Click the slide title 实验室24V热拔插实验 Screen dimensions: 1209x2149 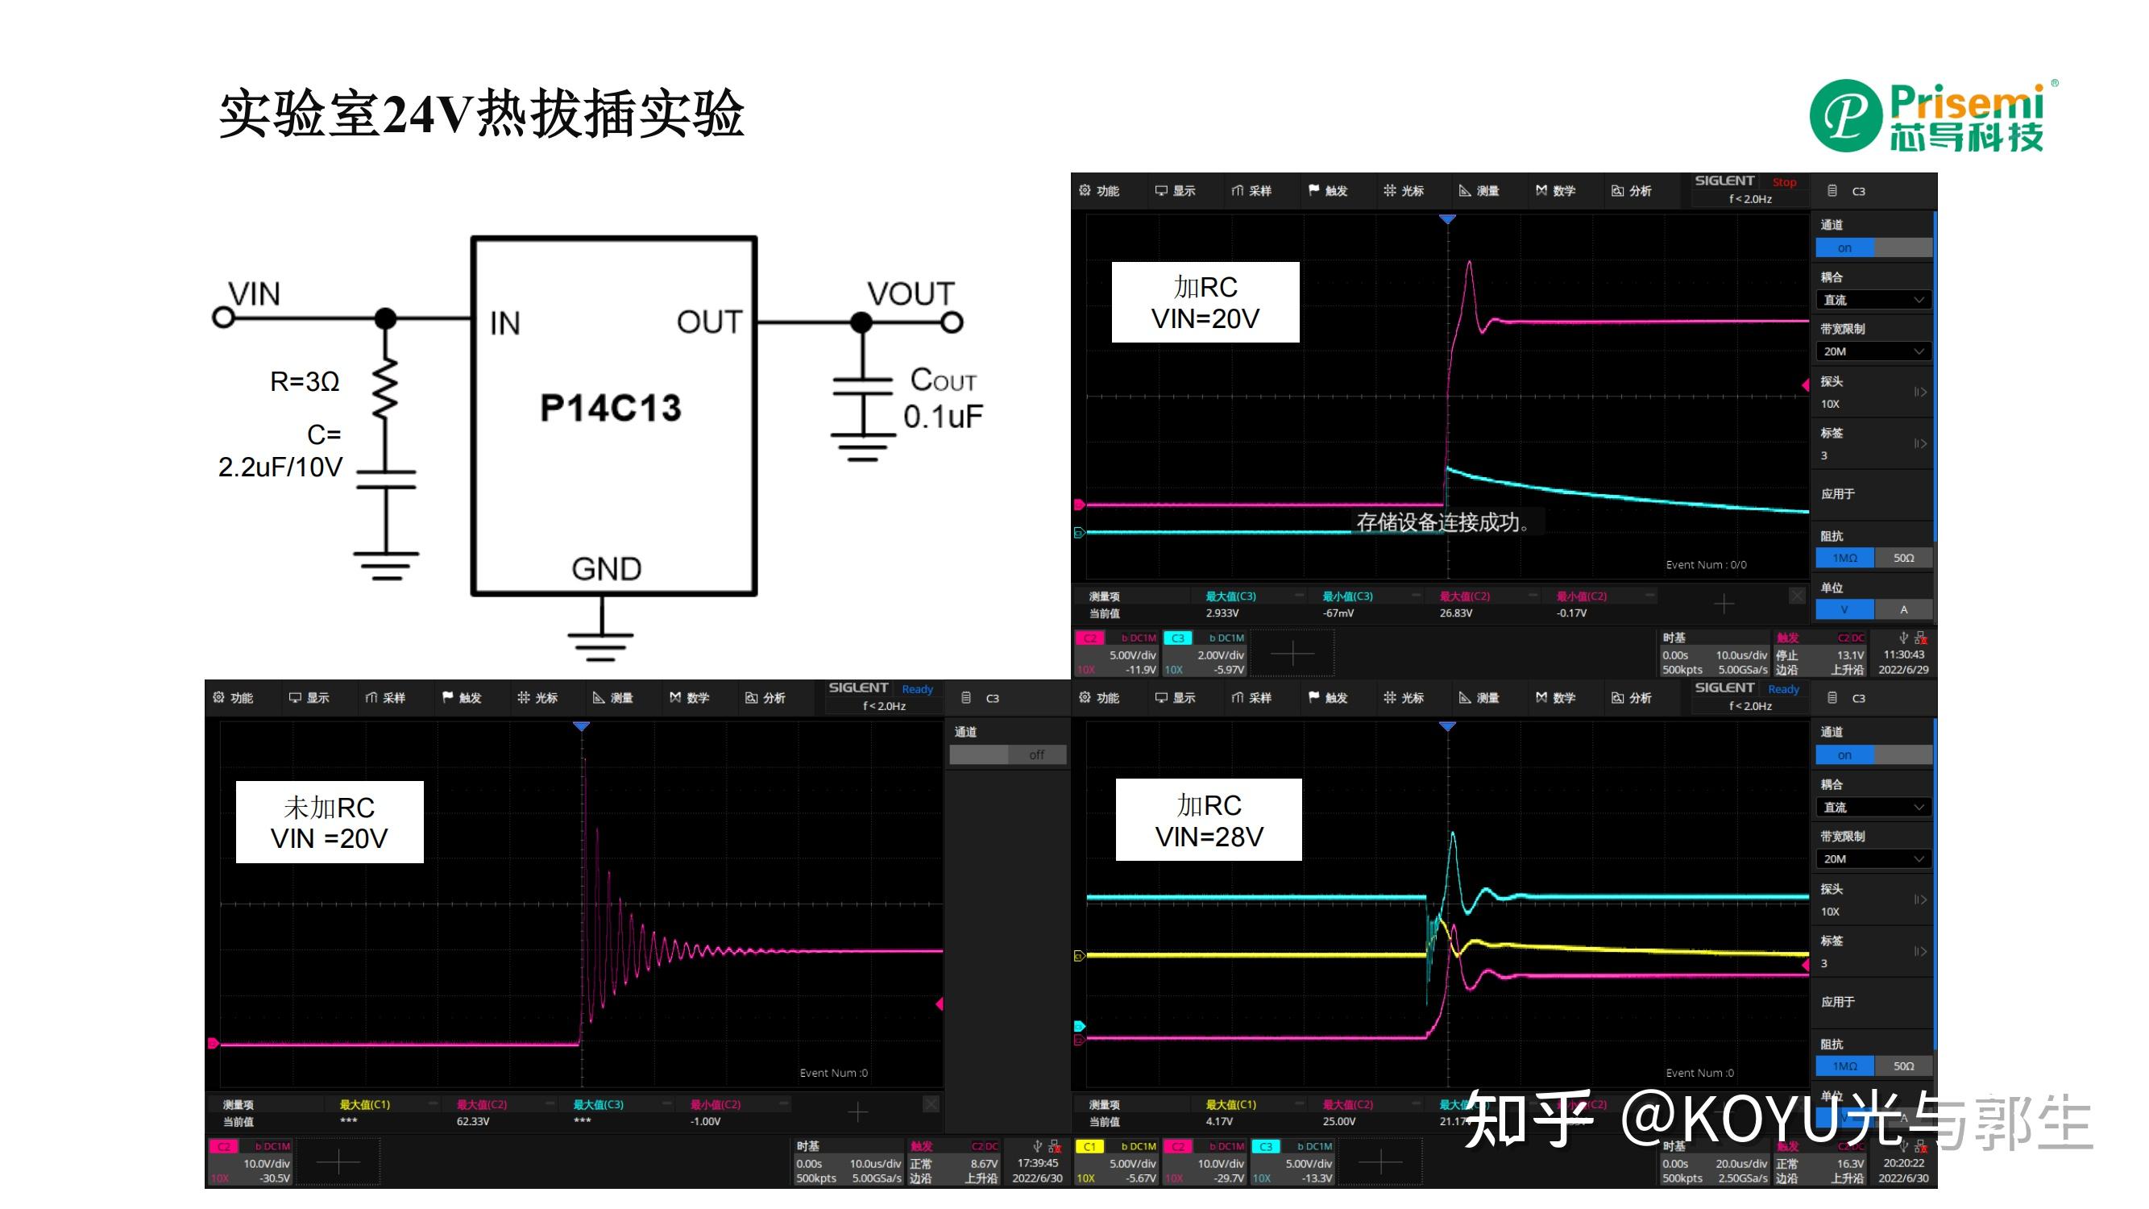[x=481, y=114]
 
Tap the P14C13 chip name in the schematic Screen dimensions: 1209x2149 [x=611, y=408]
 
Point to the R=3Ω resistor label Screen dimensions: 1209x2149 [x=305, y=382]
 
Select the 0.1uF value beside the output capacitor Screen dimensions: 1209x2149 [x=943, y=417]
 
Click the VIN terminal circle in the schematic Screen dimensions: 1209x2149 [x=222, y=318]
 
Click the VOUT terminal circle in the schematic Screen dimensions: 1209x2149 [x=952, y=322]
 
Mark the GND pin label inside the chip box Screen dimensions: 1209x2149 [x=607, y=569]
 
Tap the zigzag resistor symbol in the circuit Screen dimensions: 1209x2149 [x=385, y=388]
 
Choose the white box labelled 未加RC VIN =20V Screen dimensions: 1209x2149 [x=330, y=823]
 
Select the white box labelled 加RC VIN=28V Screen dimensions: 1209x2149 [x=1209, y=821]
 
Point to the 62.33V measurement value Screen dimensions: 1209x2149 [x=473, y=1121]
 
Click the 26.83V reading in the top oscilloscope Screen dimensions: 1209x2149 [x=1456, y=613]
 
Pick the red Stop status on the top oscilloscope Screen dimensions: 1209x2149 [x=1785, y=182]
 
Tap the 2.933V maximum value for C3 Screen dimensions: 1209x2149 [x=1222, y=613]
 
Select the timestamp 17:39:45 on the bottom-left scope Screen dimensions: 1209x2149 [x=1038, y=1163]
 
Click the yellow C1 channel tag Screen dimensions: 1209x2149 [x=1089, y=1147]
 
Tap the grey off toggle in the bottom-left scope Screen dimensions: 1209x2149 [x=1036, y=755]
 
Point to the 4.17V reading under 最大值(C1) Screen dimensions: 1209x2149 [x=1219, y=1121]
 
